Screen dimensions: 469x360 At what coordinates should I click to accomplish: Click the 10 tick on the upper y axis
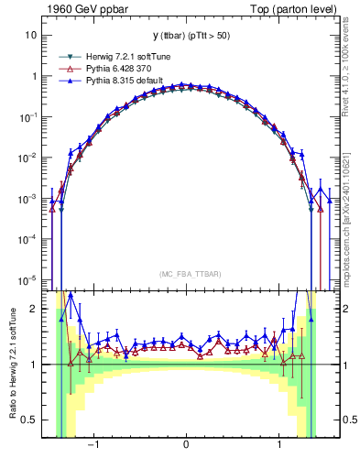pos(30,36)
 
